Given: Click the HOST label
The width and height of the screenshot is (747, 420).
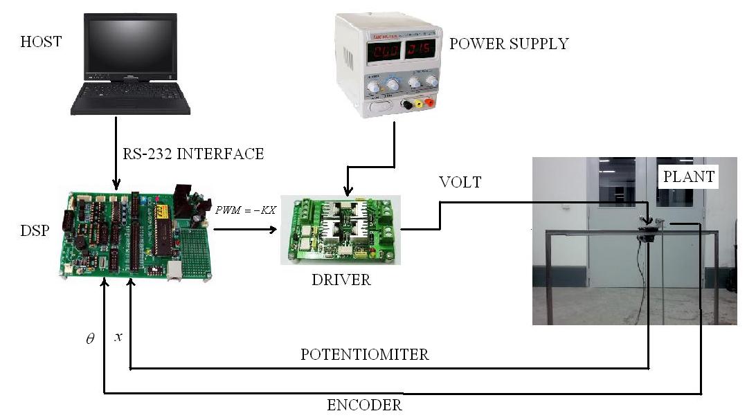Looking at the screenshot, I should pos(41,42).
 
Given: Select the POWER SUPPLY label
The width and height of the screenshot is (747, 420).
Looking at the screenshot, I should pos(508,44).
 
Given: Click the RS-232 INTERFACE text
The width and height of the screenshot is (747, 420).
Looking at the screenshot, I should pos(193,154).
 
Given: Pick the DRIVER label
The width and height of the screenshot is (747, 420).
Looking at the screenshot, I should pos(341,280).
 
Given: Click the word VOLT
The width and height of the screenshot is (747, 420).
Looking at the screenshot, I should pos(460,183).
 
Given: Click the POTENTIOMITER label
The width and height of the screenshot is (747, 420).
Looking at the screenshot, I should pos(364,355).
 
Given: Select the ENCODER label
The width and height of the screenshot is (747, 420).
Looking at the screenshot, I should pos(364,405).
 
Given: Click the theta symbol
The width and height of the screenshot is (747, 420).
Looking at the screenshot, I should pos(89,340).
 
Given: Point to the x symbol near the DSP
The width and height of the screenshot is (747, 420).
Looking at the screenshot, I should pos(118,337).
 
